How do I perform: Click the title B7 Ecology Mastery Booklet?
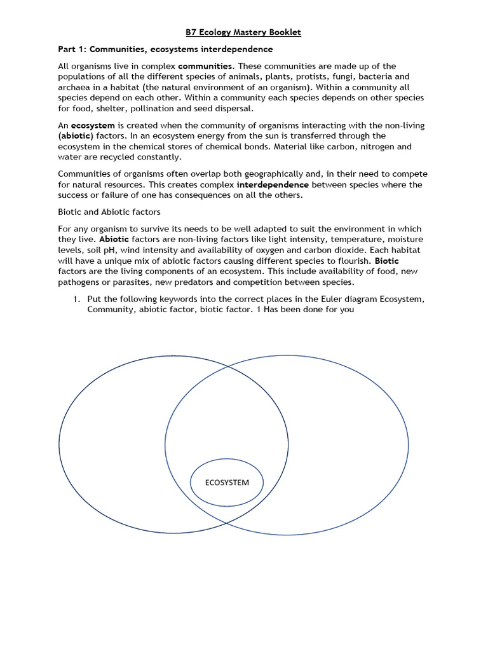(x=243, y=33)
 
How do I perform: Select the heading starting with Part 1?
(x=165, y=50)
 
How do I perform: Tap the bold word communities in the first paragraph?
(x=206, y=66)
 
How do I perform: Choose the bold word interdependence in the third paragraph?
(x=273, y=185)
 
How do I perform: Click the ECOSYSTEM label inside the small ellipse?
(x=227, y=483)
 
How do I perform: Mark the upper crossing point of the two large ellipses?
(x=227, y=367)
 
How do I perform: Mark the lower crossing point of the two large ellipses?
(x=227, y=522)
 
